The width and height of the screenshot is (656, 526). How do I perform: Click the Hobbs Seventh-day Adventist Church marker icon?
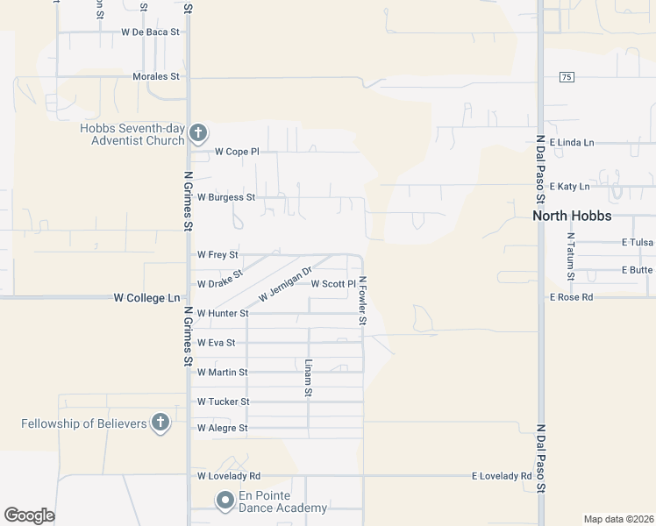click(x=198, y=134)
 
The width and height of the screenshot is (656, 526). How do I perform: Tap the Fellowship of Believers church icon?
click(x=160, y=423)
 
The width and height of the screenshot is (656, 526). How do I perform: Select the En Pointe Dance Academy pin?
click(x=225, y=501)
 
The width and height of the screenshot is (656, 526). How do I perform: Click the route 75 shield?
click(x=567, y=77)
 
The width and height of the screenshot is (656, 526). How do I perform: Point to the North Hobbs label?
click(x=573, y=216)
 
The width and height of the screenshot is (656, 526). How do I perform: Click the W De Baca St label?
click(x=151, y=32)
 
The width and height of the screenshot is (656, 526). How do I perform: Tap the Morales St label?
click(x=156, y=76)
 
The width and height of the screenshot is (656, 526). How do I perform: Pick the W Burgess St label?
click(x=226, y=197)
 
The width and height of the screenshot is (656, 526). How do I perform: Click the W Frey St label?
click(x=217, y=255)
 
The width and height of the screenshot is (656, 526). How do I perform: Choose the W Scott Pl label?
click(x=333, y=284)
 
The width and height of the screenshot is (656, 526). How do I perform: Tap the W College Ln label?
click(x=146, y=298)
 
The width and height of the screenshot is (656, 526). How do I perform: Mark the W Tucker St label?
click(x=224, y=402)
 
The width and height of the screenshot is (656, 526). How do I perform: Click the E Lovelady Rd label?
click(x=502, y=476)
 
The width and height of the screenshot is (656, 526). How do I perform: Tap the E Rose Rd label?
click(x=572, y=297)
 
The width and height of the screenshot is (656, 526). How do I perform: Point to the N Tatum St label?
click(x=571, y=257)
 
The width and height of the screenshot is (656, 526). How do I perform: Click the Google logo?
click(x=29, y=515)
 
